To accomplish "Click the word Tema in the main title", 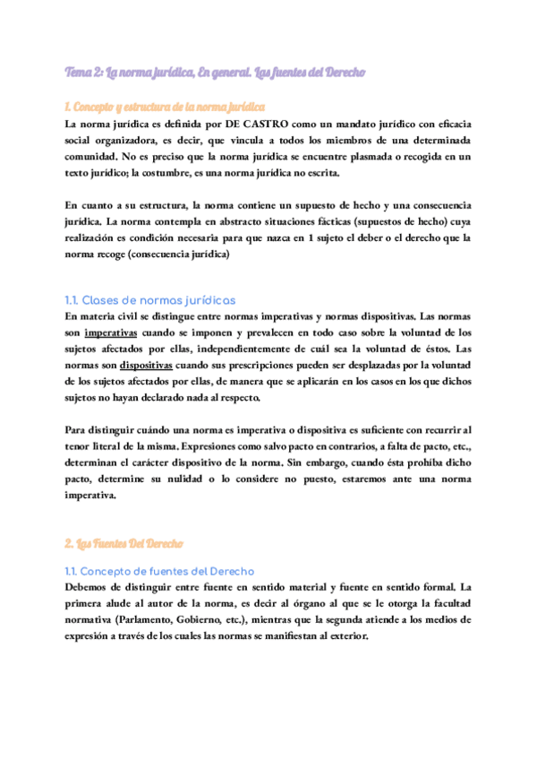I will (x=81, y=72).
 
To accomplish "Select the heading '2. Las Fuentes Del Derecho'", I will (x=124, y=544).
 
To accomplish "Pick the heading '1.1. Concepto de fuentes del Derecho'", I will (x=160, y=570).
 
